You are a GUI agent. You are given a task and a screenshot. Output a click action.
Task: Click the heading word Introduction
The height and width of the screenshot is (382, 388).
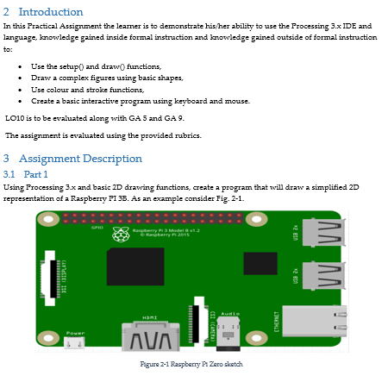pyautogui.click(x=51, y=12)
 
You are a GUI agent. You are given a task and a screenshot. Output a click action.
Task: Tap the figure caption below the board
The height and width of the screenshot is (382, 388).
pyautogui.click(x=191, y=364)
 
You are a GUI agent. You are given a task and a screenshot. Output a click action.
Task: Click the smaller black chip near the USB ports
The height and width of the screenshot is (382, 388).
pyautogui.click(x=260, y=264)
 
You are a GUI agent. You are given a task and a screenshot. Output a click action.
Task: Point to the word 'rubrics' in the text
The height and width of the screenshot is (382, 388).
pyautogui.click(x=188, y=135)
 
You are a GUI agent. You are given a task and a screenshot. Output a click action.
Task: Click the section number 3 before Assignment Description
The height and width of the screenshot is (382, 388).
pyautogui.click(x=7, y=159)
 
